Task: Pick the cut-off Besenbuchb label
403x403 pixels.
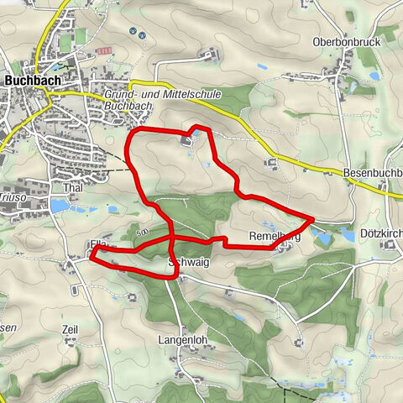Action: click(x=373, y=173)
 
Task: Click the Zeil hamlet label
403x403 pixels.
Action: click(x=70, y=330)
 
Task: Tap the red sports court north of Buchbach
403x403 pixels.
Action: click(x=104, y=51)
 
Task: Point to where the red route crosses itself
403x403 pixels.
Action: click(x=171, y=242)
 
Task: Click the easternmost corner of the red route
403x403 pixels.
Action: click(x=313, y=219)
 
